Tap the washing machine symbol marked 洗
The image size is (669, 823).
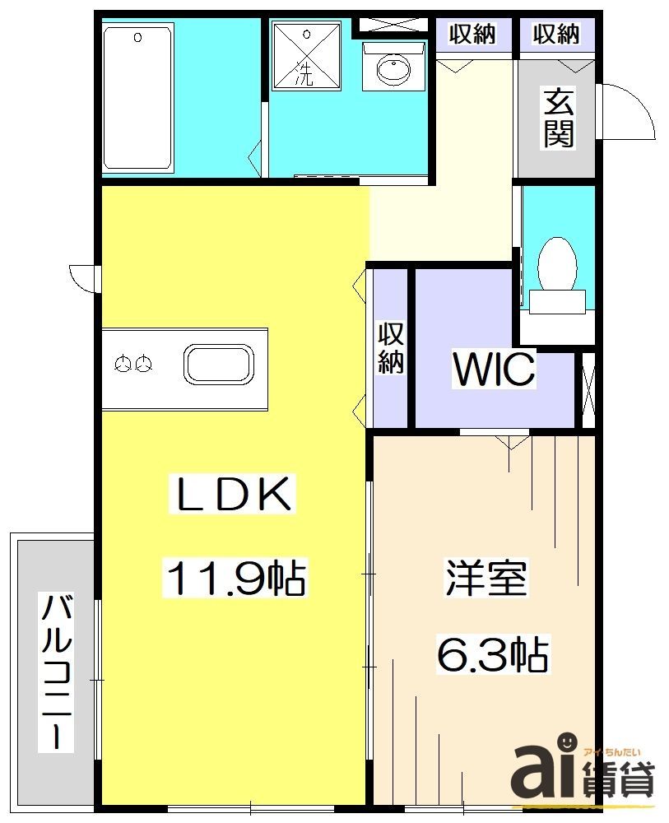pos(305,55)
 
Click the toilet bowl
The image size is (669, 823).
pos(558,266)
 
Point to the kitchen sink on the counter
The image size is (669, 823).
pos(219,363)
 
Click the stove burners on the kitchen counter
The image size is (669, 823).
pos(133,362)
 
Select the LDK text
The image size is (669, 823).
pos(231,495)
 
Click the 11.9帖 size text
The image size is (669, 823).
pos(236,578)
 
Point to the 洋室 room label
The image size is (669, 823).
pos(485,579)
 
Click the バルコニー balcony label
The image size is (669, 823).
pos(57,672)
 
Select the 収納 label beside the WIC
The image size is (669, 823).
pos(391,349)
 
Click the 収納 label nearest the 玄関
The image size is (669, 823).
pos(555,34)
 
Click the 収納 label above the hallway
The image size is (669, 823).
pos(472,34)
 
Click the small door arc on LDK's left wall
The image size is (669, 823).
pos(83,277)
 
